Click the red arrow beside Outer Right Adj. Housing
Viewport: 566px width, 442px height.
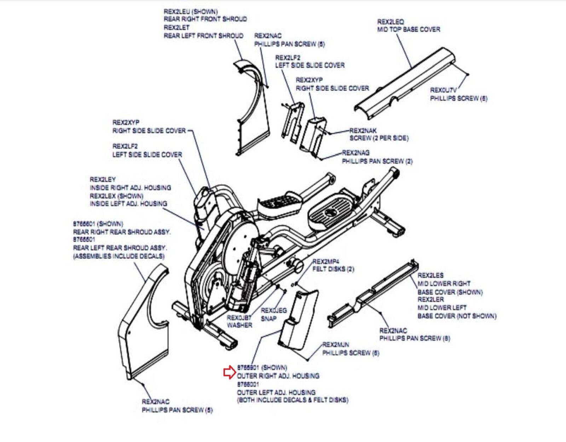click(x=229, y=372)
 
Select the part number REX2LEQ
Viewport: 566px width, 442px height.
click(x=390, y=22)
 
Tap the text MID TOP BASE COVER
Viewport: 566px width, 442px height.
click(x=409, y=30)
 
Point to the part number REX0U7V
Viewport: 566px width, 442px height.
click(x=443, y=90)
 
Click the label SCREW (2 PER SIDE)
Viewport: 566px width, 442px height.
click(x=379, y=138)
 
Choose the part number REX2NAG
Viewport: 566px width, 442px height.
click(x=356, y=153)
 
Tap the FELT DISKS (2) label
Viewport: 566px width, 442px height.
click(x=333, y=269)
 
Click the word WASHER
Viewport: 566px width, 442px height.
click(x=239, y=325)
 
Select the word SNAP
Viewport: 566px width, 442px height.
click(x=268, y=318)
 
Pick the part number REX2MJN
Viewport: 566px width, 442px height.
click(x=335, y=344)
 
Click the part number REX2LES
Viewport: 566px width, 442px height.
click(x=430, y=275)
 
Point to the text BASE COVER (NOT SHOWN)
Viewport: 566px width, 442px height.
click(x=457, y=316)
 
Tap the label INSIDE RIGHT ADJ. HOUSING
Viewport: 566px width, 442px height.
click(x=130, y=188)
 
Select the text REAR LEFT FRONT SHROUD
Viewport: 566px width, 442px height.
click(x=203, y=36)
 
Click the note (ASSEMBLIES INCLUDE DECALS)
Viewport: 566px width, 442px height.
click(x=119, y=256)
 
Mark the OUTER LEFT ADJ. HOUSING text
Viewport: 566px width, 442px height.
click(x=276, y=392)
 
